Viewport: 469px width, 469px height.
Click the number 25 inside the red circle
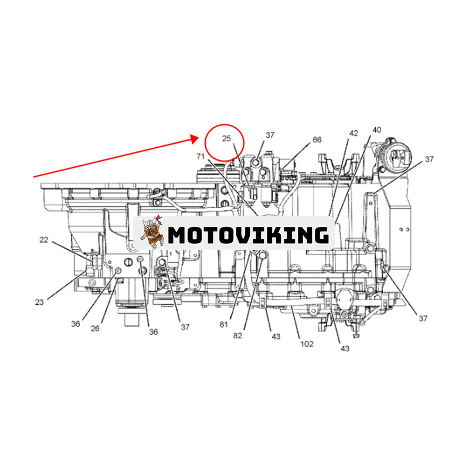pos(226,138)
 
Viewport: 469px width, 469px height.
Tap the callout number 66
pos(317,140)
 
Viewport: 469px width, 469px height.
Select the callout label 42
pos(354,133)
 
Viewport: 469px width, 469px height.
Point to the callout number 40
pos(376,130)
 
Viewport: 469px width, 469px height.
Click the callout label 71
pos(200,156)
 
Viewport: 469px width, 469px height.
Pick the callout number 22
pos(43,240)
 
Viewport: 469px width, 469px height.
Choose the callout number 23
pos(39,302)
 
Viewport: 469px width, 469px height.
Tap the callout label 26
pos(95,328)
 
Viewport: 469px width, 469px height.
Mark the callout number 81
pos(224,325)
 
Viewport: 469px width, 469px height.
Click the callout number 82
pos(237,335)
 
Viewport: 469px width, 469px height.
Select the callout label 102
pos(307,344)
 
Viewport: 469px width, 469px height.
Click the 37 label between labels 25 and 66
pos(270,135)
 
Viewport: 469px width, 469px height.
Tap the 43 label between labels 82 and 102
pos(276,337)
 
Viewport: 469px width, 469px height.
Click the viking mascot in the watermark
pos(152,232)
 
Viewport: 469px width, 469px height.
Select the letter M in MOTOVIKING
pos(178,235)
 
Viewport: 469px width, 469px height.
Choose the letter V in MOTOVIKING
pos(246,235)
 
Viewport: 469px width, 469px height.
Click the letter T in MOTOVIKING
pos(214,235)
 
